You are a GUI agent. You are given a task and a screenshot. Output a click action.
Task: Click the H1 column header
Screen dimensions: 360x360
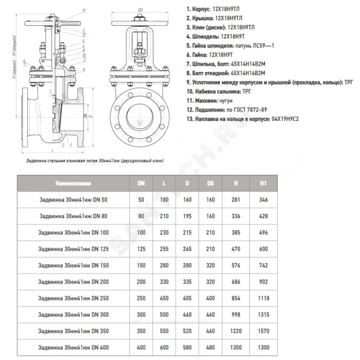[x=264, y=184]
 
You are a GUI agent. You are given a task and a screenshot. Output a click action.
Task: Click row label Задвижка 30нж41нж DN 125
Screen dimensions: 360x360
[x=73, y=249]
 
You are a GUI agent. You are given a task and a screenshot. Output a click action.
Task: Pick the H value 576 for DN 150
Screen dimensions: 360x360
[x=236, y=265]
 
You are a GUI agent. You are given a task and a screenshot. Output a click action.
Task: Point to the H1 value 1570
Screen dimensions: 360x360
[x=264, y=331]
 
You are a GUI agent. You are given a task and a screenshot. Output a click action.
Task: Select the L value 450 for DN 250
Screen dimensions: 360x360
[x=164, y=298]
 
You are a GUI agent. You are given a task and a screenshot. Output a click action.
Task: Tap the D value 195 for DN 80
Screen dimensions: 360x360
[x=187, y=216]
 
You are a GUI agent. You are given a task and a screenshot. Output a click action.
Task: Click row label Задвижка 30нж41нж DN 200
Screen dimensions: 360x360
[x=73, y=282]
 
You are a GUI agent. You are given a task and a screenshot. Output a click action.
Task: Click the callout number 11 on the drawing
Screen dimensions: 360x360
[x=84, y=10]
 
